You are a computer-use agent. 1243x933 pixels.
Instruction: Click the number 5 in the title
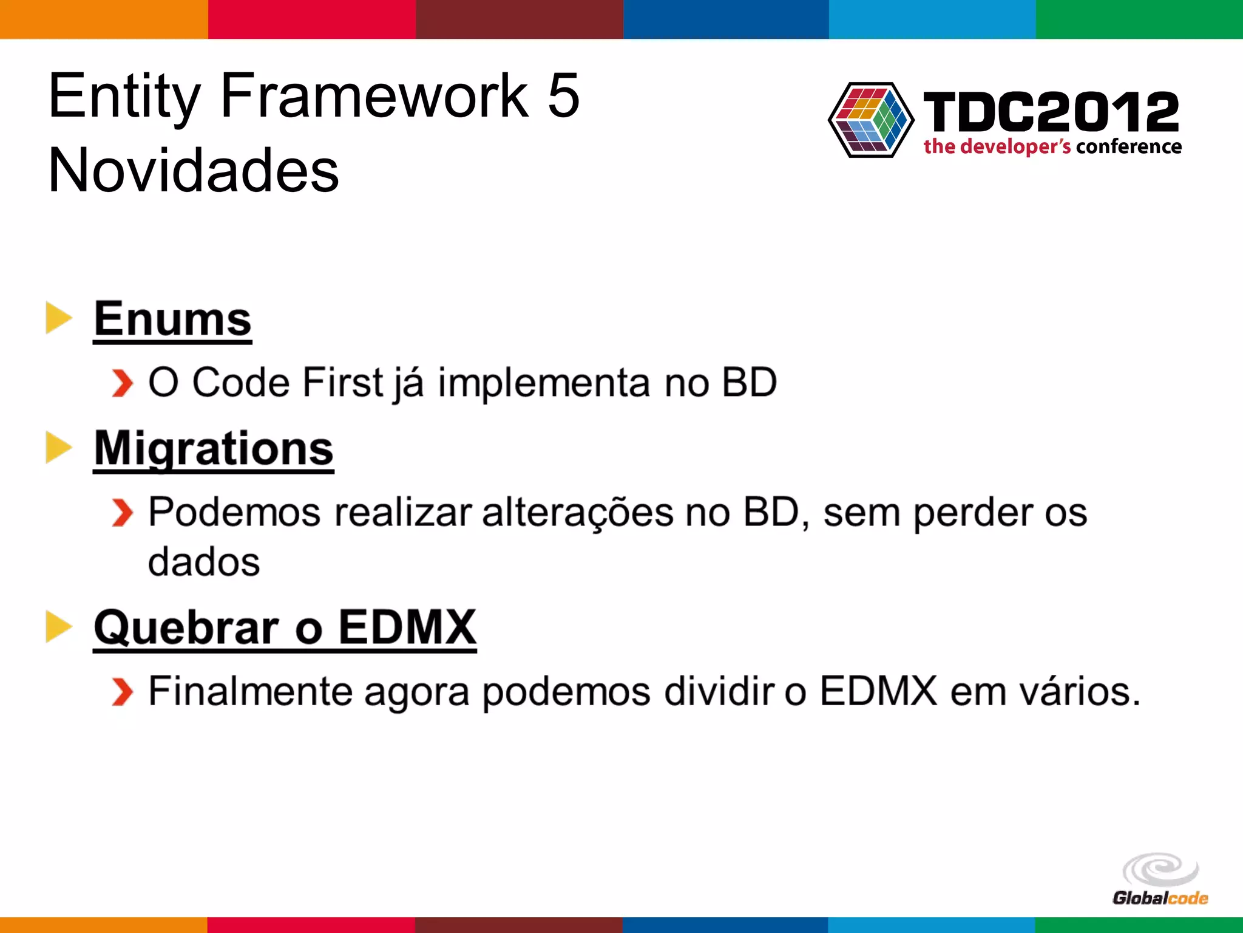click(x=563, y=95)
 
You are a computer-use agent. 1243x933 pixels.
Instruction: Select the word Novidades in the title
click(x=193, y=171)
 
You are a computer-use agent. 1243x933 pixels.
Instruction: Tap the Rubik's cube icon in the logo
click(x=870, y=120)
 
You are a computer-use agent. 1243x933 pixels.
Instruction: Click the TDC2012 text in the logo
click(x=1051, y=112)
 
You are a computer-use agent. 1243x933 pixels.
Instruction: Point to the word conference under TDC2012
click(x=1128, y=147)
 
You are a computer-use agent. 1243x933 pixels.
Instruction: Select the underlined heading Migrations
click(x=214, y=448)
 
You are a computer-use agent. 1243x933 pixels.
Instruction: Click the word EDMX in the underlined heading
click(x=407, y=627)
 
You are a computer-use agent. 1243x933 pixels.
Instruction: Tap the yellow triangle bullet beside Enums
click(x=58, y=318)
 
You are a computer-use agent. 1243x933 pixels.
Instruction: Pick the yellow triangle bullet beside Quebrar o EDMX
click(x=58, y=626)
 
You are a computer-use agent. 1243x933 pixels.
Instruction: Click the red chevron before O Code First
click(x=122, y=383)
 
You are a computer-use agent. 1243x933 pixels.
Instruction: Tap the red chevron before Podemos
click(x=122, y=513)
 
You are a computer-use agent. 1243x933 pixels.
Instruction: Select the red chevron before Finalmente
click(x=122, y=692)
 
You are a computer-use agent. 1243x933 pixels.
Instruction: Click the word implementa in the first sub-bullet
click(x=544, y=383)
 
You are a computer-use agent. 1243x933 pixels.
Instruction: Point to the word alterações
click(x=577, y=513)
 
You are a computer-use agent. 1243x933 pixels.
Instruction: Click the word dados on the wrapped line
click(x=204, y=562)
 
